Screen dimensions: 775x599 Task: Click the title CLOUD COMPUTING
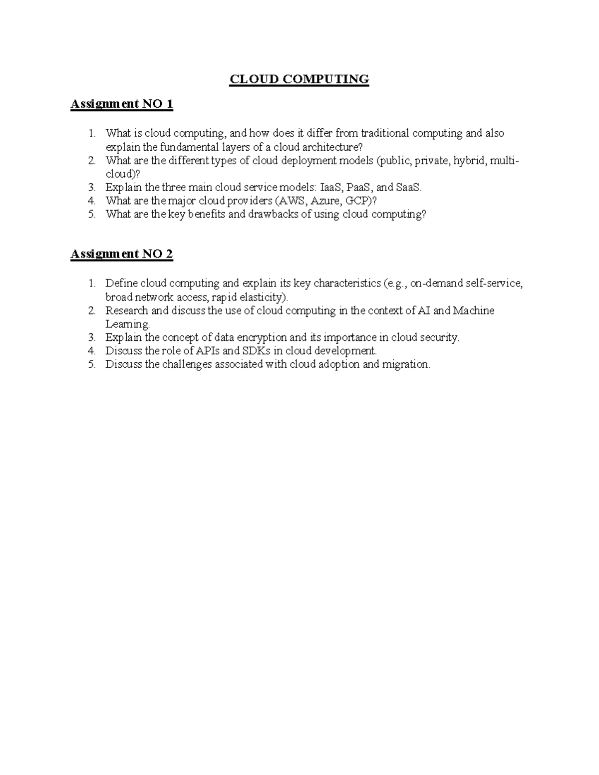[299, 79]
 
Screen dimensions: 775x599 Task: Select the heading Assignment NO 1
[122, 104]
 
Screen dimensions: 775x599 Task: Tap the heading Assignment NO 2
[122, 254]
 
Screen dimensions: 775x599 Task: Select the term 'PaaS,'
[360, 188]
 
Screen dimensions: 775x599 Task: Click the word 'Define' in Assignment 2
[121, 283]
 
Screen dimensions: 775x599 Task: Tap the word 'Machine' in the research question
[474, 310]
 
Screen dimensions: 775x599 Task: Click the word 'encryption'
[262, 337]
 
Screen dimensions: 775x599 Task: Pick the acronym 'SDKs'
[257, 351]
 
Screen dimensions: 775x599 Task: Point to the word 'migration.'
[406, 364]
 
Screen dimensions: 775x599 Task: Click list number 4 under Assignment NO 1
[91, 201]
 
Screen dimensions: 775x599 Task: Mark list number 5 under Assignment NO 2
[91, 364]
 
